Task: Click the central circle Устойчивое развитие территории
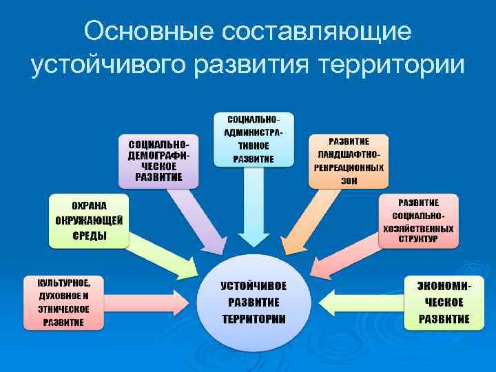coord(254,302)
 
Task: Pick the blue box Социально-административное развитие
coord(253,138)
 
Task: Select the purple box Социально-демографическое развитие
coord(159,161)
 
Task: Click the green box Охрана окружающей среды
coord(90,220)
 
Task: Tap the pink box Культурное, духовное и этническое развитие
coord(63,302)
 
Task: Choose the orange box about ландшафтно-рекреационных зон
coord(349,161)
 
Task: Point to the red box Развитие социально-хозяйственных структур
coord(417,220)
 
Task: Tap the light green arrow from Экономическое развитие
coord(358,302)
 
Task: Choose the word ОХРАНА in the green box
coord(90,205)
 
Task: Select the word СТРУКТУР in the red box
coord(417,240)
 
